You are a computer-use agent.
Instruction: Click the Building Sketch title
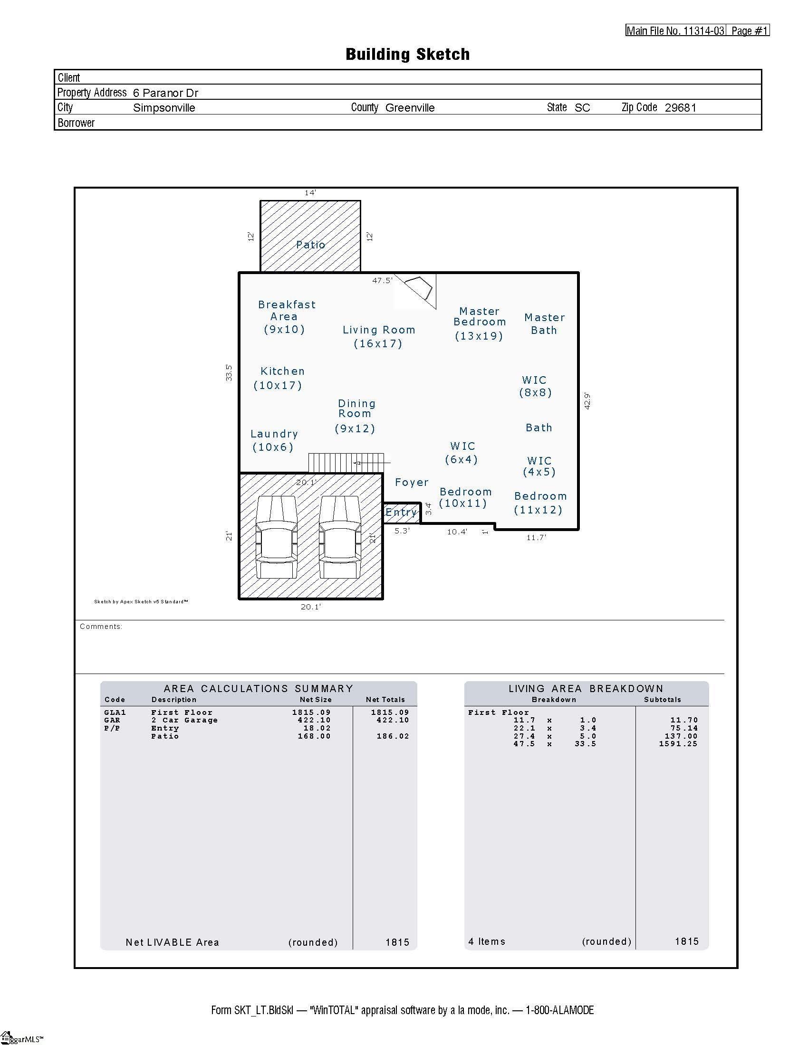407,54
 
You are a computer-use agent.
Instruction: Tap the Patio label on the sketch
310,245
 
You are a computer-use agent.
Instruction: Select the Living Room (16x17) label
378,336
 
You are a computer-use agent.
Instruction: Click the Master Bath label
544,324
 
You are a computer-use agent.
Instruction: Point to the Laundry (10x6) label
274,440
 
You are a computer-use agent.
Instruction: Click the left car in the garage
276,537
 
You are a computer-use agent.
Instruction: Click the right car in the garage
339,537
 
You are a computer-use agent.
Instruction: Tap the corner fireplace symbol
419,288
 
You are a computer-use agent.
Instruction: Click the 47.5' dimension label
382,281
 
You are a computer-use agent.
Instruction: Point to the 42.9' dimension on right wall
587,400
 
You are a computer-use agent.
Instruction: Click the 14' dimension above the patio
310,193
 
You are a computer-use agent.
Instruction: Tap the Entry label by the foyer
401,513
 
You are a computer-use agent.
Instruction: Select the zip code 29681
680,108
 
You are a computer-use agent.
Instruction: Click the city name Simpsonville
164,108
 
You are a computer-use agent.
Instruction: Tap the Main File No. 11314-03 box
675,30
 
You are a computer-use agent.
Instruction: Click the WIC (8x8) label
535,386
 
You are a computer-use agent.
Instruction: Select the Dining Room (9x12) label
355,416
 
